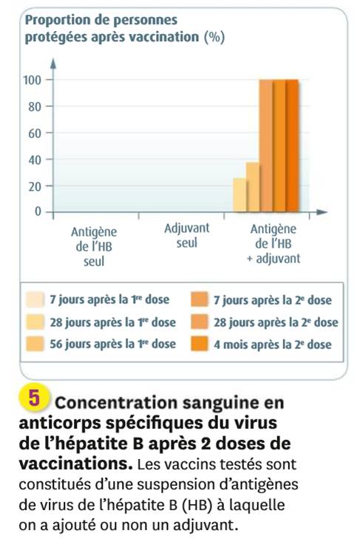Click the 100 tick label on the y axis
32,80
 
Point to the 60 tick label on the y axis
35,133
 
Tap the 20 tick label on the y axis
35,186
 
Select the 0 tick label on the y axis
38,211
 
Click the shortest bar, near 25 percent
240,194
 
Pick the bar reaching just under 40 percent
253,186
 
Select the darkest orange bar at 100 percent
292,146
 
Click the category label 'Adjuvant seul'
187,235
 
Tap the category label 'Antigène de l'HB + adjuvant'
274,244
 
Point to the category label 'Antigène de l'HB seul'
94,246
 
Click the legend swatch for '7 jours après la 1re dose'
35,299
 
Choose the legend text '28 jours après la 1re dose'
113,322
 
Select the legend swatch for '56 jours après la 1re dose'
35,344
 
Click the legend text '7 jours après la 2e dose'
273,300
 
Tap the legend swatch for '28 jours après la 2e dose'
200,322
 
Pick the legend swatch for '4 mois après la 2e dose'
200,344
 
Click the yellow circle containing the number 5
35,398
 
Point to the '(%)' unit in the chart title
214,37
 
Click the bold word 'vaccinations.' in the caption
75,464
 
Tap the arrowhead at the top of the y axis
53,64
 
